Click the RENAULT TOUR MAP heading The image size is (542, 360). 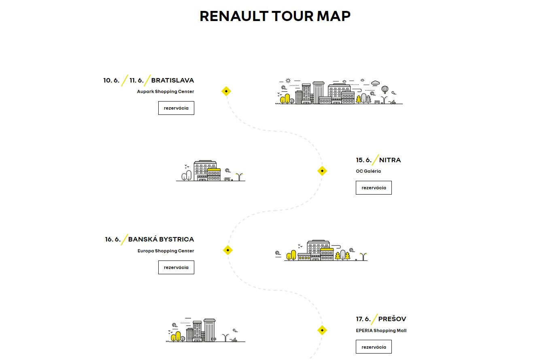pos(275,16)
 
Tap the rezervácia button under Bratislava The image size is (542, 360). pos(176,108)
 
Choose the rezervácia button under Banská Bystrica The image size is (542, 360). pos(176,267)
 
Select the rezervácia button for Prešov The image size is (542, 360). pos(374,347)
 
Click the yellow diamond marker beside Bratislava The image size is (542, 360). pos(226,91)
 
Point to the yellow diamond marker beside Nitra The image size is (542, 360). pos(322,171)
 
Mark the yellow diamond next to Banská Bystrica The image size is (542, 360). pos(227,250)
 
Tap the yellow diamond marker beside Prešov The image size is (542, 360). pos(322,330)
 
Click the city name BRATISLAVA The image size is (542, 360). pos(172,80)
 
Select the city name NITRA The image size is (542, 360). pos(390,160)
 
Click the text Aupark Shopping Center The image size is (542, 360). pos(166,92)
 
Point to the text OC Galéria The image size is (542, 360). pos(368,171)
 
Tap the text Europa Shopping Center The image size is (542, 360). pos(166,251)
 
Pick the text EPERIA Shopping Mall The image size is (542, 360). pos(381,330)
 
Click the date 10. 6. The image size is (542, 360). pos(111,80)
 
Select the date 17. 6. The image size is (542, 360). pos(363,319)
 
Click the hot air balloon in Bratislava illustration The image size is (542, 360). pos(385,90)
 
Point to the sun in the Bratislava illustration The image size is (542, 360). pos(288,80)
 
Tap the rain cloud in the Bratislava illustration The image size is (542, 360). pos(375,83)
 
